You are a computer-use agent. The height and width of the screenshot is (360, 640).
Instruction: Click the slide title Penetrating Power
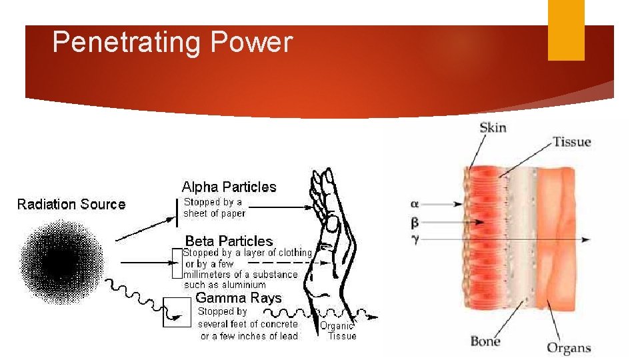coord(172,43)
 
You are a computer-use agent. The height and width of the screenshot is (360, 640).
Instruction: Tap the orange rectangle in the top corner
coord(566,30)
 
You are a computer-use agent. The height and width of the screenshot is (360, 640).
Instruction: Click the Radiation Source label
coord(71,204)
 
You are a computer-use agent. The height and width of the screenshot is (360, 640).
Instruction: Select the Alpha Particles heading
coord(229,187)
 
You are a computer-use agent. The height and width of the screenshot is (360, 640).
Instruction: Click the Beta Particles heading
coord(229,241)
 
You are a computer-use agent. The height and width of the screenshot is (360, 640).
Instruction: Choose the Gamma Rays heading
coord(238,298)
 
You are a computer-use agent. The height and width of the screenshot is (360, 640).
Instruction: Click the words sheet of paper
coord(215,213)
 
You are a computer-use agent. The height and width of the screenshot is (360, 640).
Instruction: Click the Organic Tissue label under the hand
coord(338,331)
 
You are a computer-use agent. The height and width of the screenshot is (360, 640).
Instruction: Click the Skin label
coord(493,127)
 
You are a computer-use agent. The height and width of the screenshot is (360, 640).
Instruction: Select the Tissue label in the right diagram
coord(571,141)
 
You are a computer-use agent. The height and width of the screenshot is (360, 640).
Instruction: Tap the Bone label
coord(485,342)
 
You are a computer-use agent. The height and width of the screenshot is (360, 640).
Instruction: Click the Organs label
coord(569,347)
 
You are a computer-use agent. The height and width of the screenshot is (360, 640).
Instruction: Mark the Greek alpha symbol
coord(416,203)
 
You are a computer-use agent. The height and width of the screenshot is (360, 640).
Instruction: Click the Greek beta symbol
coord(416,221)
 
